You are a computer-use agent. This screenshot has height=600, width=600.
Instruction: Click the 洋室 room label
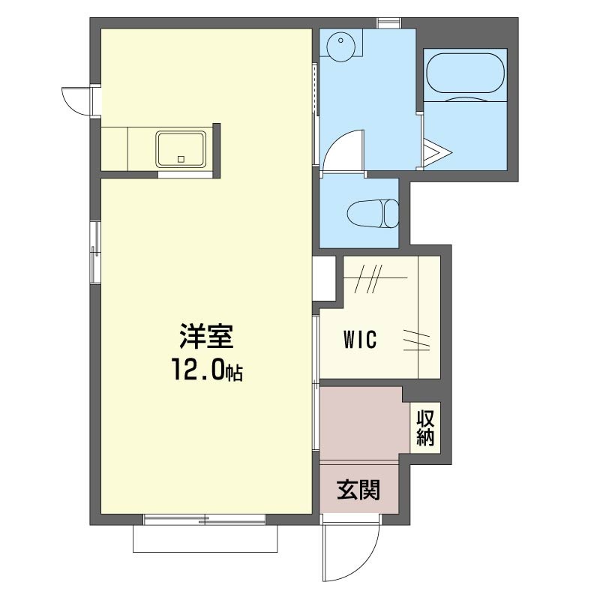206,336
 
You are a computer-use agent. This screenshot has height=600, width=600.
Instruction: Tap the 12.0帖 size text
207,370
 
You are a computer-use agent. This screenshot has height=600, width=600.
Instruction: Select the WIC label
360,339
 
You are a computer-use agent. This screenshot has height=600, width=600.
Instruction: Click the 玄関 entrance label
358,490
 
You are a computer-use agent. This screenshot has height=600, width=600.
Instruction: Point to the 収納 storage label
425,428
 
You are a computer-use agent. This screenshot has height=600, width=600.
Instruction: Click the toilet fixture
373,214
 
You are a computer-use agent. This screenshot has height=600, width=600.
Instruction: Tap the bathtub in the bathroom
465,73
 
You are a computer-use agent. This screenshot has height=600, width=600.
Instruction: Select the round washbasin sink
340,46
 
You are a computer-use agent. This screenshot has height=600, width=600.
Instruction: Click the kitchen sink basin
181,149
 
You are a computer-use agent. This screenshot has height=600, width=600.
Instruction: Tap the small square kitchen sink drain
181,159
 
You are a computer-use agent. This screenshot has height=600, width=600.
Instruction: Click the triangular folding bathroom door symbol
437,152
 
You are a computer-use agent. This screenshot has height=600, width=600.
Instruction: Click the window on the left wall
95,252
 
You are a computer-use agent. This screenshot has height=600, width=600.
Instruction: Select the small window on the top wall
388,23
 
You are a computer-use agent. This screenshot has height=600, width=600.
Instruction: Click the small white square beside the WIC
324,278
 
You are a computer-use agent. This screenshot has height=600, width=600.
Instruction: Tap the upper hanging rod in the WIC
375,277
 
